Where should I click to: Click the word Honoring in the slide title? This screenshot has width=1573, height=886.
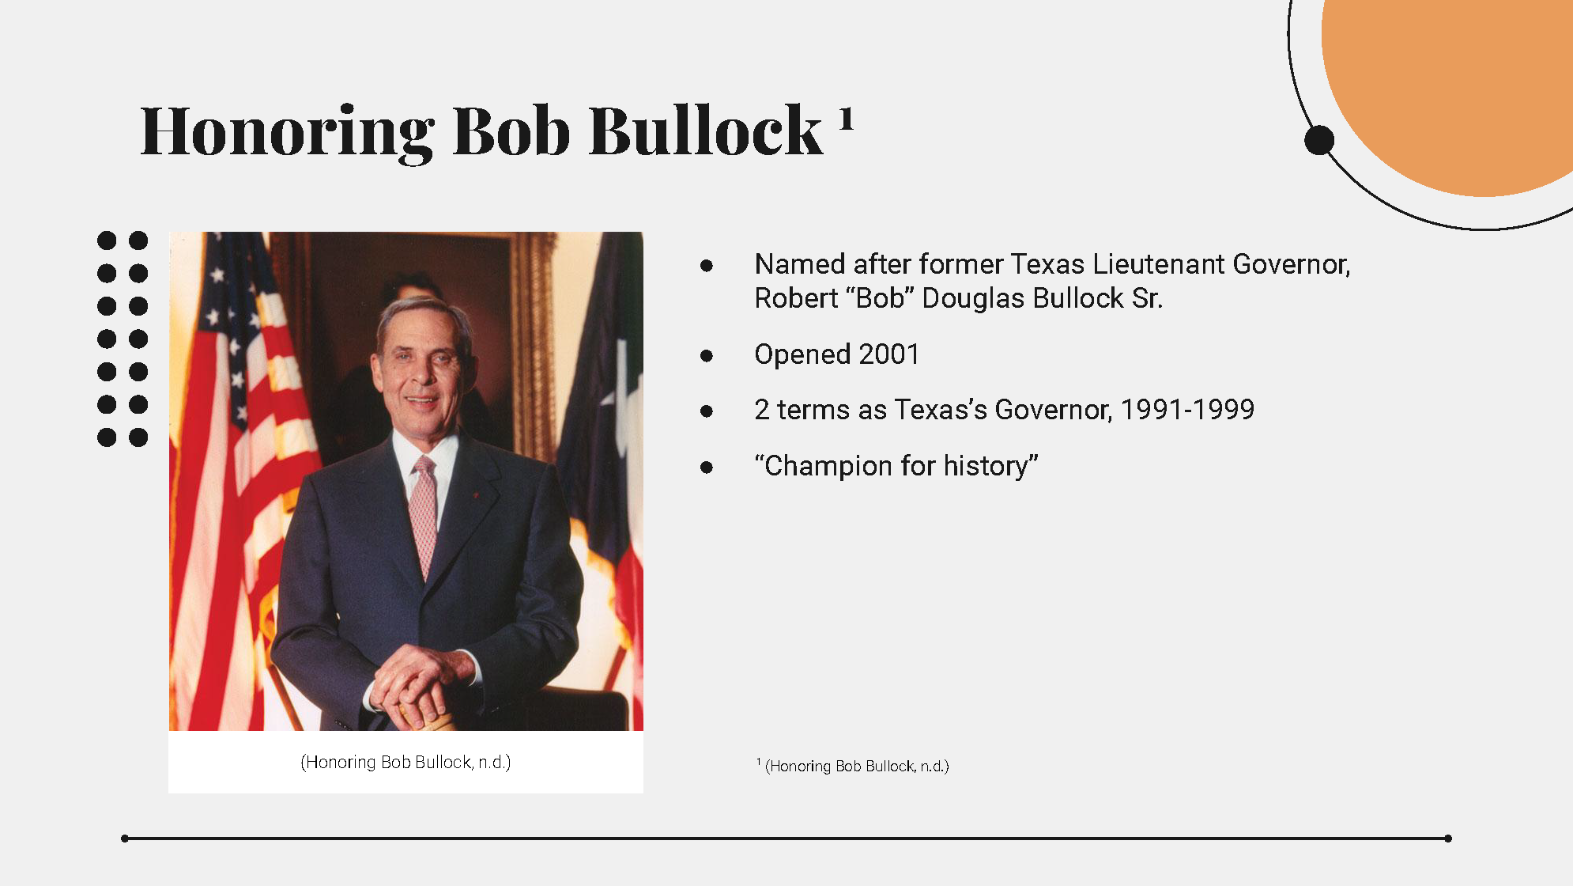287,132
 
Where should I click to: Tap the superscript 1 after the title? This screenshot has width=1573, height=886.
846,119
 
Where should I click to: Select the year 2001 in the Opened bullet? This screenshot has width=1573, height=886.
889,354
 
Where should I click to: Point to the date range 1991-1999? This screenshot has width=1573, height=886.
1187,410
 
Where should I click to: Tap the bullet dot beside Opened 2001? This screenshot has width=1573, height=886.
707,356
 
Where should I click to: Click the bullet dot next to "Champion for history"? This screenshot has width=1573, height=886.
707,468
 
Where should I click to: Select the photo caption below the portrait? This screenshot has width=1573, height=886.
406,762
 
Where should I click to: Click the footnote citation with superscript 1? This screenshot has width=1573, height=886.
853,766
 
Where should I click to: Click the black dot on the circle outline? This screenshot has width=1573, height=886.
1319,141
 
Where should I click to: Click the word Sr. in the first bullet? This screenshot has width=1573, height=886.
1147,298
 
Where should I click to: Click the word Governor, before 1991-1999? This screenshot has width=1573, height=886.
1054,410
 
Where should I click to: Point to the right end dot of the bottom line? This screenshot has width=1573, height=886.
1448,839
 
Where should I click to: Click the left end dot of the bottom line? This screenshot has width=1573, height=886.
125,839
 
